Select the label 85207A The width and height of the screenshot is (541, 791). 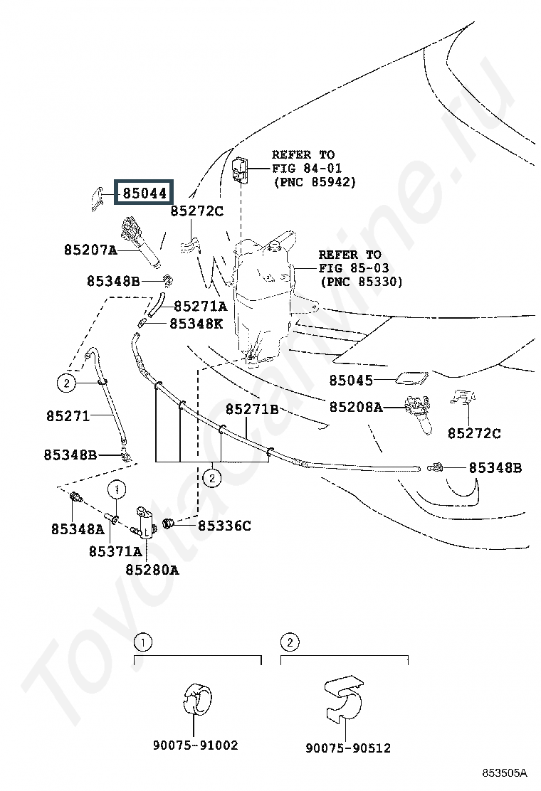90,250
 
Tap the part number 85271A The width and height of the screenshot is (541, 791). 200,307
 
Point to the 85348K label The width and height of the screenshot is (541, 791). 196,323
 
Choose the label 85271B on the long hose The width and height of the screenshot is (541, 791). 252,409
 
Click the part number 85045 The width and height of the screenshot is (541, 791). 351,381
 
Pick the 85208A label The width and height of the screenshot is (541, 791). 356,407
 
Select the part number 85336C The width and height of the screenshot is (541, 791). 224,526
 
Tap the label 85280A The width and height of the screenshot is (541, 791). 152,569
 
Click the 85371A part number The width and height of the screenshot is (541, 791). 115,551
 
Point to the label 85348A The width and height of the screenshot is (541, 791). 78,529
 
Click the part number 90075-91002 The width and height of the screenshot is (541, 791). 195,745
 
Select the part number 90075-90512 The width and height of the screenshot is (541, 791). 348,748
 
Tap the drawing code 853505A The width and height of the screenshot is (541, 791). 503,773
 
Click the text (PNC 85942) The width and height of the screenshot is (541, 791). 314,182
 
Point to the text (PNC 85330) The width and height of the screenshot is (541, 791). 362,282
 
